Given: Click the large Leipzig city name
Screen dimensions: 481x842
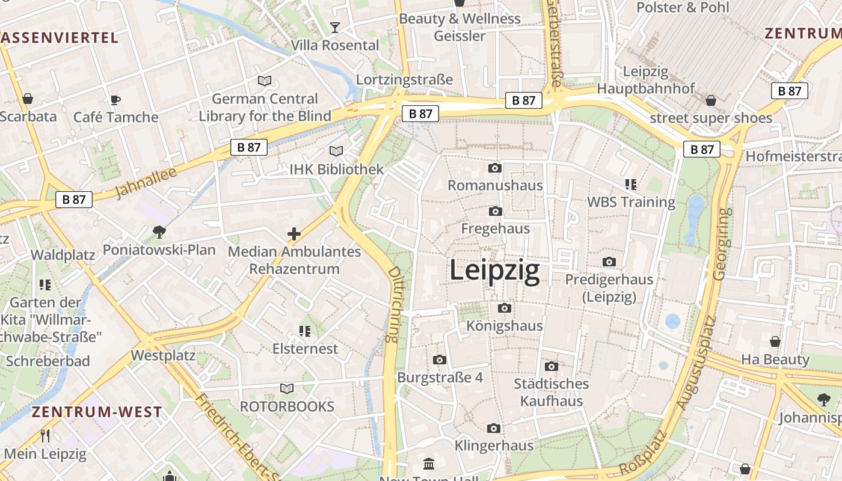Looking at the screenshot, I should click(494, 271).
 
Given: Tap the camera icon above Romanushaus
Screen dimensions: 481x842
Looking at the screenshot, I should click(495, 168).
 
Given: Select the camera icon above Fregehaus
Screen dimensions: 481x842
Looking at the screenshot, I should click(495, 211).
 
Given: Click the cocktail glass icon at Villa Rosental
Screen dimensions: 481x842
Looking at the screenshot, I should click(334, 27).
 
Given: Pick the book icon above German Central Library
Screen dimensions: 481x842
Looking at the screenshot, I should click(265, 81).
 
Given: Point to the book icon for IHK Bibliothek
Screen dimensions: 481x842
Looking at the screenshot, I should click(336, 152).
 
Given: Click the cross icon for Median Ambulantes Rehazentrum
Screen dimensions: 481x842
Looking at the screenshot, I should click(294, 234).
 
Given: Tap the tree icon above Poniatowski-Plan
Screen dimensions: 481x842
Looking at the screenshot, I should click(159, 231).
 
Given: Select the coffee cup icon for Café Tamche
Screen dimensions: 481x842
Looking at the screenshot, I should click(115, 99).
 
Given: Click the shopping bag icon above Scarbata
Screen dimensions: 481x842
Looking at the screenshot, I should click(28, 99).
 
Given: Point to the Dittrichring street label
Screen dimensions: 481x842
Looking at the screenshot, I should click(394, 305).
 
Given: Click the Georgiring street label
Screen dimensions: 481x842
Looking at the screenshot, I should click(722, 244).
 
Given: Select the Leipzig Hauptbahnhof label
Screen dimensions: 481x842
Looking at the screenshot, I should click(645, 80).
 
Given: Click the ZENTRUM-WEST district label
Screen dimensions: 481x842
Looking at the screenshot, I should click(97, 412).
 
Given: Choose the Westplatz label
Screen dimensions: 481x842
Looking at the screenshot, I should click(163, 355).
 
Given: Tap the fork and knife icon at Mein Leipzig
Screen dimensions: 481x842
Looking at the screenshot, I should click(45, 435).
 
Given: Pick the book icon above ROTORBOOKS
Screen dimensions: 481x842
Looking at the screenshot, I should click(287, 388).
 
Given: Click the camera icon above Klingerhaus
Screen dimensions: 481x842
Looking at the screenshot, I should click(494, 428).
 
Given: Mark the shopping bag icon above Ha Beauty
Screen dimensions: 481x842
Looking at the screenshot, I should click(775, 342).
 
